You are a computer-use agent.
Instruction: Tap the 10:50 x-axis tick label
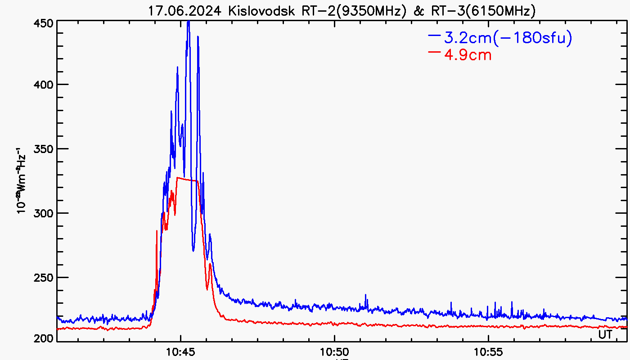pos(334,350)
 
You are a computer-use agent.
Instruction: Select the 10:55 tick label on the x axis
pos(488,350)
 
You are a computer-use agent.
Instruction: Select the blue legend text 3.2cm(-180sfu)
pos(508,38)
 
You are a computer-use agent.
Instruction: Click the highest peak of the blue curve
pos(189,22)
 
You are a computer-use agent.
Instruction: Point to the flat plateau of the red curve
pos(187,180)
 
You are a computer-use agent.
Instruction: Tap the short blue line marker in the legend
pos(435,35)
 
